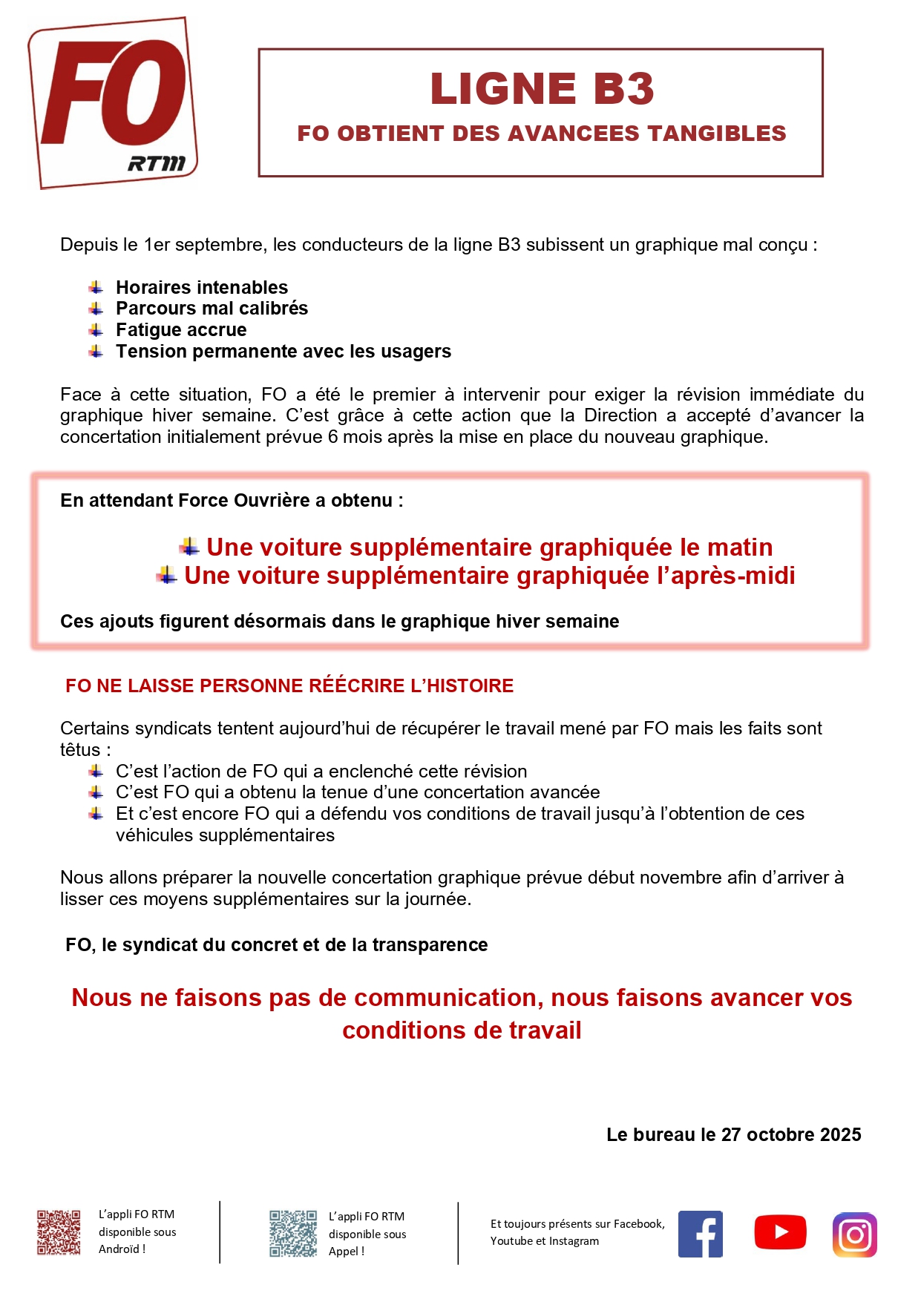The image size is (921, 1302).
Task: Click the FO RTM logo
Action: pyautogui.click(x=113, y=102)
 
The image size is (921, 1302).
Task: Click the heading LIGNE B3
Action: pyautogui.click(x=542, y=89)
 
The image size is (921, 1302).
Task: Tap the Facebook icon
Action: pyautogui.click(x=700, y=1234)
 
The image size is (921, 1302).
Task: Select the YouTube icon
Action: pyautogui.click(x=780, y=1232)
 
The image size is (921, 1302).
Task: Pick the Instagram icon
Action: pyautogui.click(x=854, y=1234)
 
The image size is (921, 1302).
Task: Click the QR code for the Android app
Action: pyautogui.click(x=59, y=1233)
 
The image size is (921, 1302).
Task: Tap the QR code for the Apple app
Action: pyautogui.click(x=292, y=1234)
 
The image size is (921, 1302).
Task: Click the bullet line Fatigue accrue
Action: pyautogui.click(x=181, y=330)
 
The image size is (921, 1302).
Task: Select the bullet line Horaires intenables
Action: pyautogui.click(x=202, y=287)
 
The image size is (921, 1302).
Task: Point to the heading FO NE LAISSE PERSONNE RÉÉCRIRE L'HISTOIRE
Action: pyautogui.click(x=289, y=685)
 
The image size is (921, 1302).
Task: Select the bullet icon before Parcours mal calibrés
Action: pyautogui.click(x=96, y=309)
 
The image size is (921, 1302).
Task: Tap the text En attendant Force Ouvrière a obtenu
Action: pyautogui.click(x=232, y=501)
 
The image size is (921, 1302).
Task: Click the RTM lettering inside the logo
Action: pyautogui.click(x=157, y=162)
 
